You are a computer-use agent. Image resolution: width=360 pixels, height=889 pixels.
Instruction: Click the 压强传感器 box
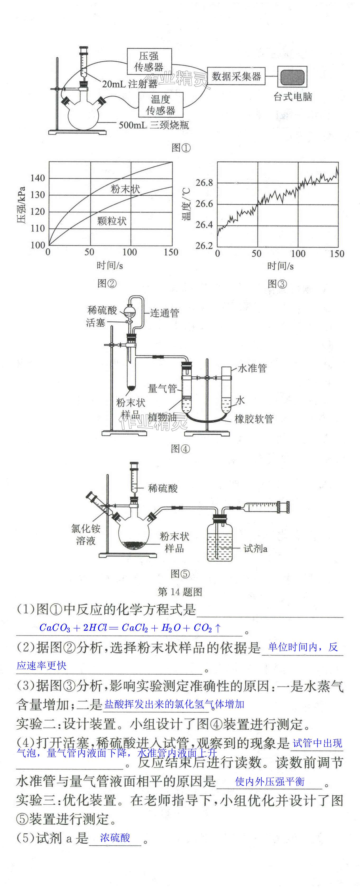click(x=149, y=61)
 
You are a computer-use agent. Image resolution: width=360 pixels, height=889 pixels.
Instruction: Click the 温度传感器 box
click(x=160, y=105)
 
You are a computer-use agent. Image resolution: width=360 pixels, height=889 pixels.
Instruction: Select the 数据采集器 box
click(x=236, y=76)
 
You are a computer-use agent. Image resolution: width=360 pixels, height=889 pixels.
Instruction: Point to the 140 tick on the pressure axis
click(x=38, y=178)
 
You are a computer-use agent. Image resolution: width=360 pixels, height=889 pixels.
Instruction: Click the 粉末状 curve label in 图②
click(x=125, y=189)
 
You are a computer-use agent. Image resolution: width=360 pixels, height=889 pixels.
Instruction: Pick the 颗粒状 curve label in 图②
click(x=112, y=221)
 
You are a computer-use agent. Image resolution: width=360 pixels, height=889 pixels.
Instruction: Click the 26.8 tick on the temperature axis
click(x=204, y=183)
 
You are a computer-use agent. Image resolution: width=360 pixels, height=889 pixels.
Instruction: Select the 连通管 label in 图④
click(x=165, y=313)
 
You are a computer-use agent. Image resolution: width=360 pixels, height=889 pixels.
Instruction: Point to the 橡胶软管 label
click(x=254, y=419)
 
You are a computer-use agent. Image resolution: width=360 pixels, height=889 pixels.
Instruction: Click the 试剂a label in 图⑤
click(x=255, y=548)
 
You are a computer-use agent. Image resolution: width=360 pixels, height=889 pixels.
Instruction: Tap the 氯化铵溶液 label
click(x=86, y=534)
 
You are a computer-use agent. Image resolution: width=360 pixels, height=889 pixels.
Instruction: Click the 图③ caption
click(x=277, y=284)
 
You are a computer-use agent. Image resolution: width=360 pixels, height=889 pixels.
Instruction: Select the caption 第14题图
click(x=180, y=592)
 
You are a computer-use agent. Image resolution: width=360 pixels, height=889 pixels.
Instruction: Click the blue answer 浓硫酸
click(x=115, y=837)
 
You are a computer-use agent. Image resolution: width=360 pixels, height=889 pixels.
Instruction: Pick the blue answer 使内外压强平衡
click(x=270, y=782)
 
